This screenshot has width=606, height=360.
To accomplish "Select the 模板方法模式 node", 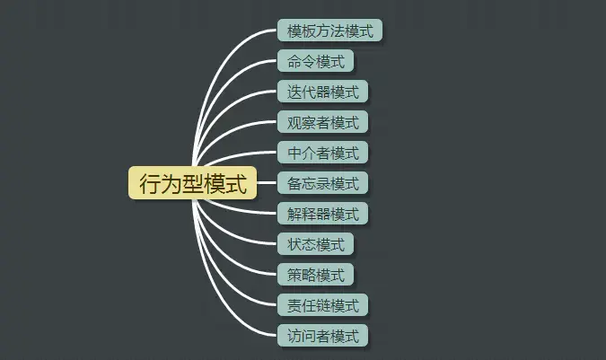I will coord(329,31).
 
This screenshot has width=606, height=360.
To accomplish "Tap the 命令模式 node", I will coord(315,62).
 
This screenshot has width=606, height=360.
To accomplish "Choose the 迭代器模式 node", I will coord(322,92).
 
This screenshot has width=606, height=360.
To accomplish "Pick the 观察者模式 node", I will coord(322,123).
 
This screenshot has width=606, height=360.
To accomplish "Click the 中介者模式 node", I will coord(322,154).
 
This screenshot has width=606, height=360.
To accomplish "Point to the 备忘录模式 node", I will coord(322,184).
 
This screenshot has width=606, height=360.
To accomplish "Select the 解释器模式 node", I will coord(322,215).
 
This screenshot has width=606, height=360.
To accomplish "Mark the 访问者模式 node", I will coord(322,337).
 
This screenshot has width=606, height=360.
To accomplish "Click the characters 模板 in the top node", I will coord(301,31).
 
